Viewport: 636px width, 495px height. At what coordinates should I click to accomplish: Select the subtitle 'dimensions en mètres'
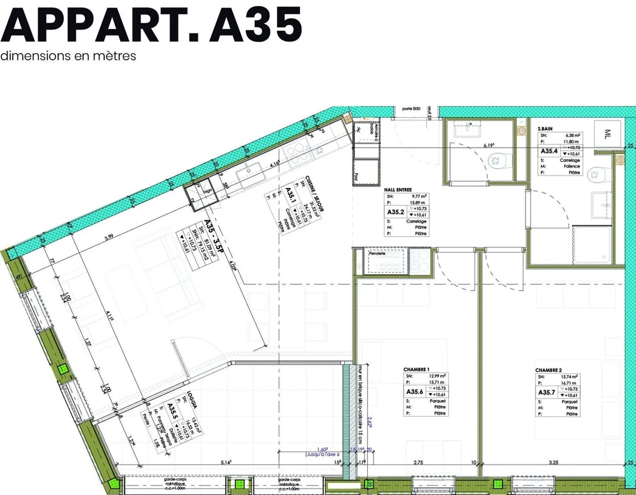(x=68, y=56)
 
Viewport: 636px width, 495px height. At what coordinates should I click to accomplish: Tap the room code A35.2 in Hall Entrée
(x=395, y=212)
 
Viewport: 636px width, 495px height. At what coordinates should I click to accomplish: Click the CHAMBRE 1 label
(x=416, y=369)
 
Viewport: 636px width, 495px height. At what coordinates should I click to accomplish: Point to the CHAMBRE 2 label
(x=548, y=370)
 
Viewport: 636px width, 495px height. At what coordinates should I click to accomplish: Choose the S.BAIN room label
(x=545, y=128)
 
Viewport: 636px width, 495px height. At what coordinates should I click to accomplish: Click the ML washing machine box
(x=607, y=133)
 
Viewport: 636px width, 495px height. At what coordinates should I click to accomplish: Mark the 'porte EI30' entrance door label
(x=411, y=109)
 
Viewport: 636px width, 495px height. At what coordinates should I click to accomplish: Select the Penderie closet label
(x=377, y=253)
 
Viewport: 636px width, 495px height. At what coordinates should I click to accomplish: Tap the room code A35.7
(x=546, y=392)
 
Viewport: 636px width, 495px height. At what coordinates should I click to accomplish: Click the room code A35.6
(x=414, y=392)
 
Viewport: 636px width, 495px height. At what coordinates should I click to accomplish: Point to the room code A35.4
(x=549, y=151)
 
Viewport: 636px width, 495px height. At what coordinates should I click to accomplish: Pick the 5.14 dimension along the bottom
(x=226, y=462)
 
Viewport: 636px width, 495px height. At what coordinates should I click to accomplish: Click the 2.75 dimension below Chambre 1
(x=418, y=462)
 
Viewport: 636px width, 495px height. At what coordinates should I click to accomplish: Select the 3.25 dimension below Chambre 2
(x=553, y=462)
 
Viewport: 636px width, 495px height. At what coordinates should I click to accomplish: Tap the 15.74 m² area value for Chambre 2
(x=569, y=377)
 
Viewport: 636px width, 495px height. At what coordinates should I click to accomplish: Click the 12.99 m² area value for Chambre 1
(x=437, y=376)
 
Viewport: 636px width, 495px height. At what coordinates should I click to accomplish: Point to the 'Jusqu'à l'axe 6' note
(x=322, y=454)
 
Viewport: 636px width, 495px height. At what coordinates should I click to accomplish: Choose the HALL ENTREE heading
(x=397, y=189)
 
